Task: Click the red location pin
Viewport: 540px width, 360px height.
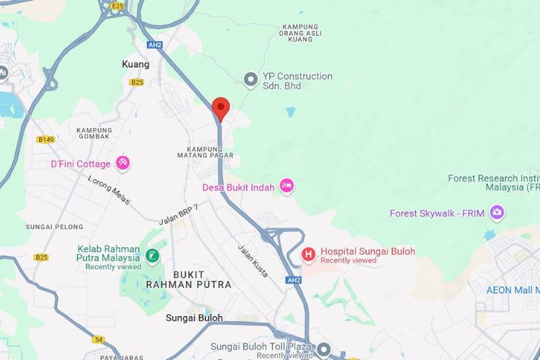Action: point(221,109)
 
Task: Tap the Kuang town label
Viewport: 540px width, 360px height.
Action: point(135,64)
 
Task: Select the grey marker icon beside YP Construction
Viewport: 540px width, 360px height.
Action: point(251,80)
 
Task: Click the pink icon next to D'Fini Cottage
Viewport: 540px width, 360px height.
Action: point(123,163)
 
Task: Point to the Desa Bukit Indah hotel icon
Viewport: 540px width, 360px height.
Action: point(287,186)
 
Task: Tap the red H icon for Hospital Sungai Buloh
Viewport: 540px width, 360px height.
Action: point(308,254)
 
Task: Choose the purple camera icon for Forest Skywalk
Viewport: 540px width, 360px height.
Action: point(496,212)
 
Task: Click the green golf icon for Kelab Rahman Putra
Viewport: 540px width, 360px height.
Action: point(151,255)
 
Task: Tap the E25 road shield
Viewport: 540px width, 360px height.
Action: point(118,6)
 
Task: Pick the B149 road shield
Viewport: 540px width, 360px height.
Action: point(46,139)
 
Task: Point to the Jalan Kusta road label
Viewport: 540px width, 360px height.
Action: point(253,261)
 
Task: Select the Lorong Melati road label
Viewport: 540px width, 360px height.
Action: point(109,189)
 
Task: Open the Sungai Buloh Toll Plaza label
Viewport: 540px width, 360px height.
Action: point(261,346)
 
